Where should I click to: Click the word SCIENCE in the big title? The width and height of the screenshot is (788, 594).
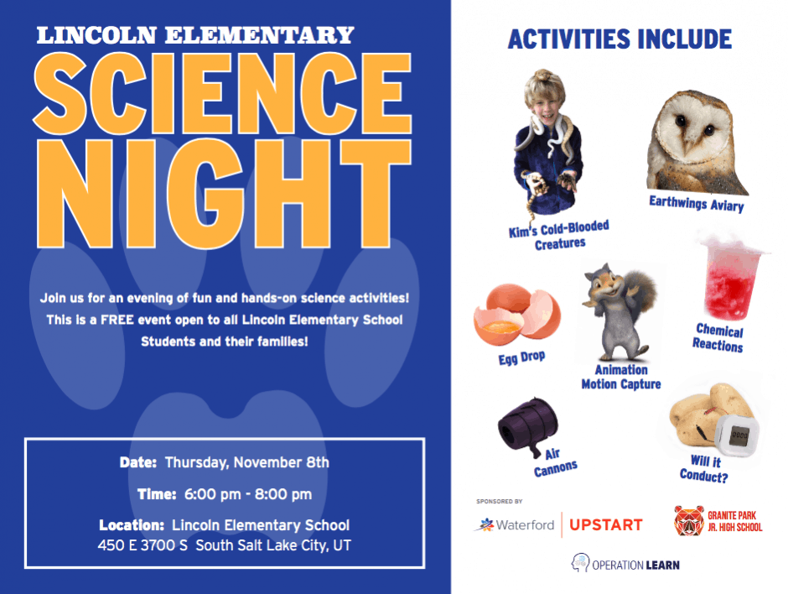[222, 94]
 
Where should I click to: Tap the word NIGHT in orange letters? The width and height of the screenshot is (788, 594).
[224, 194]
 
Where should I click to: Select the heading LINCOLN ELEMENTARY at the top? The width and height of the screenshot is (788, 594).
[195, 35]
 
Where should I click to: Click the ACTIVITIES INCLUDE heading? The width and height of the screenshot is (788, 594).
[620, 39]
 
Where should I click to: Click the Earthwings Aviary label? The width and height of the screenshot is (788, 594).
[696, 204]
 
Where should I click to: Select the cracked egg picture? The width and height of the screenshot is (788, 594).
[517, 315]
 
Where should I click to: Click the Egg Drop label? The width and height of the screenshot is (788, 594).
[521, 357]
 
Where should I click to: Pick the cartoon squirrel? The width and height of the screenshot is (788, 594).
[620, 312]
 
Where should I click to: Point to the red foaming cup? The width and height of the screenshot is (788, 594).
[732, 276]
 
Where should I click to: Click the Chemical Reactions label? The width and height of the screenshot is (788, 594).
[718, 338]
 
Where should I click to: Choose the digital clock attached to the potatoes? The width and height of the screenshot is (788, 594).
[737, 435]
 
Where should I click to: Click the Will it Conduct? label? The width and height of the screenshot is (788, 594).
[704, 469]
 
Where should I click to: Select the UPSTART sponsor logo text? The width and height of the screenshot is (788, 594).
[606, 525]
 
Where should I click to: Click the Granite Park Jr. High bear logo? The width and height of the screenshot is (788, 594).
[689, 520]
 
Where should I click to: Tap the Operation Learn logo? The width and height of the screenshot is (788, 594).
[625, 564]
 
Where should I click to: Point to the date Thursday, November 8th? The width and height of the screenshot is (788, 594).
[246, 462]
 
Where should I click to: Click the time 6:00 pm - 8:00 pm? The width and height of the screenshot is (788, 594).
[248, 494]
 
